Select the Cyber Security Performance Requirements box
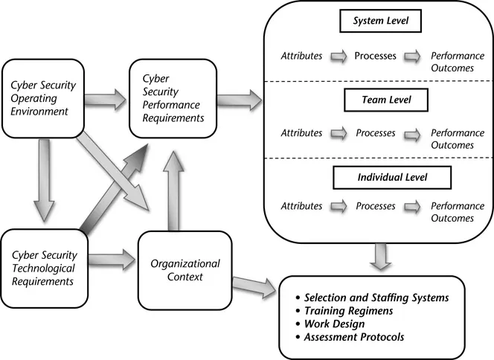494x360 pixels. (173, 97)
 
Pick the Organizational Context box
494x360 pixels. (185, 270)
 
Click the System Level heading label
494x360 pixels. (381, 22)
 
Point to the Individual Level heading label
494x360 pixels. (381, 178)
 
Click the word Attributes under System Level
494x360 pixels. (301, 55)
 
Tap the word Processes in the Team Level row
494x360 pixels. (375, 133)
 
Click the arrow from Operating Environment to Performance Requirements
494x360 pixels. (109, 96)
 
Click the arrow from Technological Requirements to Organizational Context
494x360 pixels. (112, 261)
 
